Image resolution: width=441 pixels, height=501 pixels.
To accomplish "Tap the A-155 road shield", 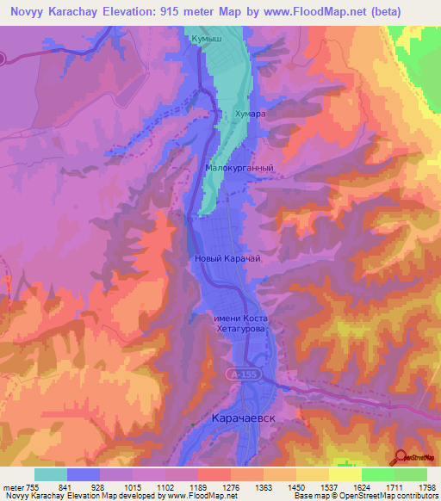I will pyautogui.click(x=242, y=374).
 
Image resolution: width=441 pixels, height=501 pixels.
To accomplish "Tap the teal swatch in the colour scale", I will pyautogui.click(x=51, y=474).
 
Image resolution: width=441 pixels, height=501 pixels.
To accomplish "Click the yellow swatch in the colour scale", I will pyautogui.click(x=345, y=474).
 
